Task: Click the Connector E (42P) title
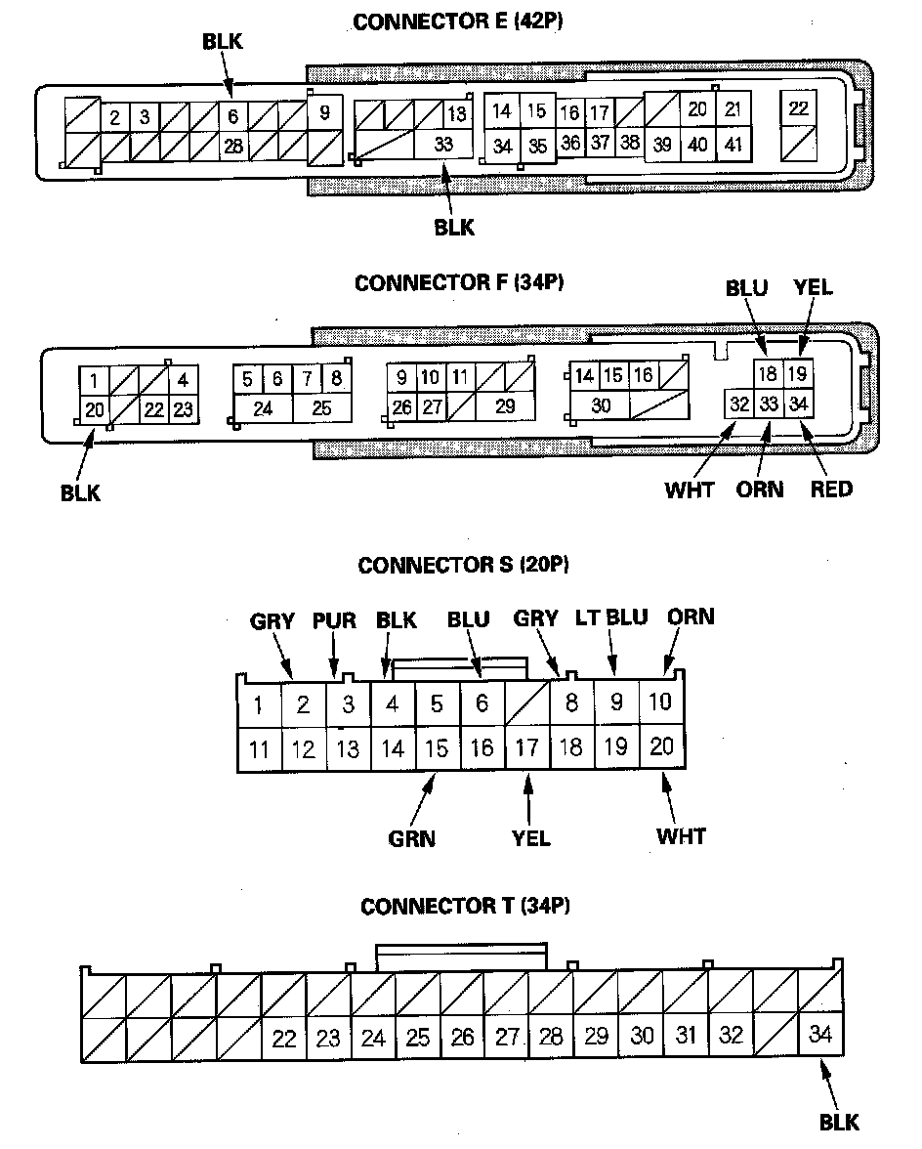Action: point(461,21)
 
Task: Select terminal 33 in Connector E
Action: point(443,143)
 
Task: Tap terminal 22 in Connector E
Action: point(799,108)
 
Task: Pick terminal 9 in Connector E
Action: point(324,112)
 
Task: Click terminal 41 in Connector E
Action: point(732,144)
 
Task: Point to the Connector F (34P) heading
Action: point(460,283)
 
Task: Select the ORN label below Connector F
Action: point(760,489)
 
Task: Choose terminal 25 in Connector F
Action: point(321,408)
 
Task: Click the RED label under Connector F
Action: point(831,489)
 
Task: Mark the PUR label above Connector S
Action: point(334,621)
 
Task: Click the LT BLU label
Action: point(612,617)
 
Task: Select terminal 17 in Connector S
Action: point(527,748)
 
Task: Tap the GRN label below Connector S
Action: point(411,838)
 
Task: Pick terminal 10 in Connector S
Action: point(661,701)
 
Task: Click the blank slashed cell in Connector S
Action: point(527,702)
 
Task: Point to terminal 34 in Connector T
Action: point(820,1034)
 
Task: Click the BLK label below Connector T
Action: point(839,1123)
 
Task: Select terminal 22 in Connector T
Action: point(283,1039)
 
